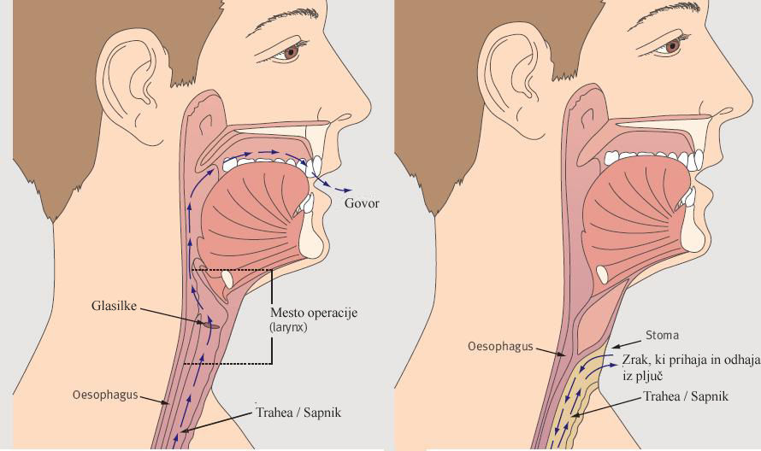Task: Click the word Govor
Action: click(361, 203)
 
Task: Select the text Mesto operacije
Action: click(313, 313)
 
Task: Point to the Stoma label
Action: click(663, 336)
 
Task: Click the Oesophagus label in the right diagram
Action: click(500, 347)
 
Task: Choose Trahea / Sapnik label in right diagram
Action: click(685, 397)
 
